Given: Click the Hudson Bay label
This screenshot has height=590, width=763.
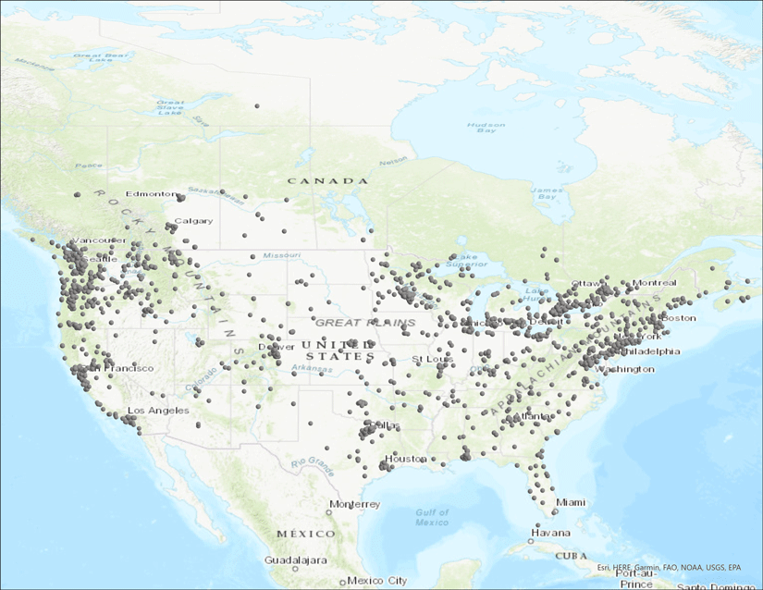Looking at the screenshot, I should point(485,128).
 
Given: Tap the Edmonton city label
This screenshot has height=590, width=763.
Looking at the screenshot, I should point(150,194).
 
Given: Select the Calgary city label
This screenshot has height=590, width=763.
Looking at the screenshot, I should point(193,221).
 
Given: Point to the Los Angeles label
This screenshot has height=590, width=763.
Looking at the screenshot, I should point(158,410).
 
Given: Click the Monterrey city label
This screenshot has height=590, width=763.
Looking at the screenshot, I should point(356,504).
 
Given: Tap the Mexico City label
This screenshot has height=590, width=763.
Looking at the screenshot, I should point(377,581).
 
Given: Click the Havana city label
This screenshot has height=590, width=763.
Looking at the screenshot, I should point(549,534).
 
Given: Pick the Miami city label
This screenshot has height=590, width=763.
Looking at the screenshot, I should point(571,502).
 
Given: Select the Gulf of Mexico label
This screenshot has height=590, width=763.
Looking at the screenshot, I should point(431,517).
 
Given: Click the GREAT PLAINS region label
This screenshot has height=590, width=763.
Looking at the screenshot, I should point(352,323).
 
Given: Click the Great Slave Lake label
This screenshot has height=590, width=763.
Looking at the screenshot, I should point(170,108).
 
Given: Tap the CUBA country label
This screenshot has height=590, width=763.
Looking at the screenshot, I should point(571,555).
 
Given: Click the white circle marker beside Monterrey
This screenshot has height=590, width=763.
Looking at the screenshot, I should point(328,511).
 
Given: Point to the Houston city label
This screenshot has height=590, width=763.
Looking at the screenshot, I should point(406,459).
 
